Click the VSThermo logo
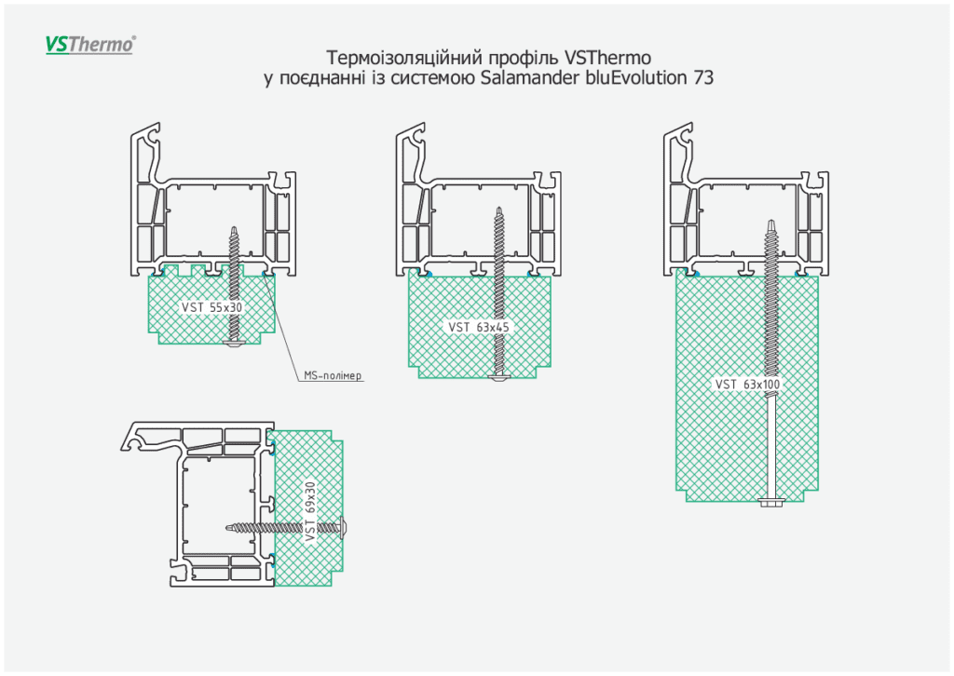click(90, 44)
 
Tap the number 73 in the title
click(703, 78)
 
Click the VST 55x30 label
click(210, 307)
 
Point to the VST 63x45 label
click(478, 327)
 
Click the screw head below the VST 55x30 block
click(233, 345)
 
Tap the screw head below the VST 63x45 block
click(499, 376)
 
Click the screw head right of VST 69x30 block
click(343, 527)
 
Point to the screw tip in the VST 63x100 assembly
click(772, 223)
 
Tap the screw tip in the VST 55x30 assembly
click(233, 229)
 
